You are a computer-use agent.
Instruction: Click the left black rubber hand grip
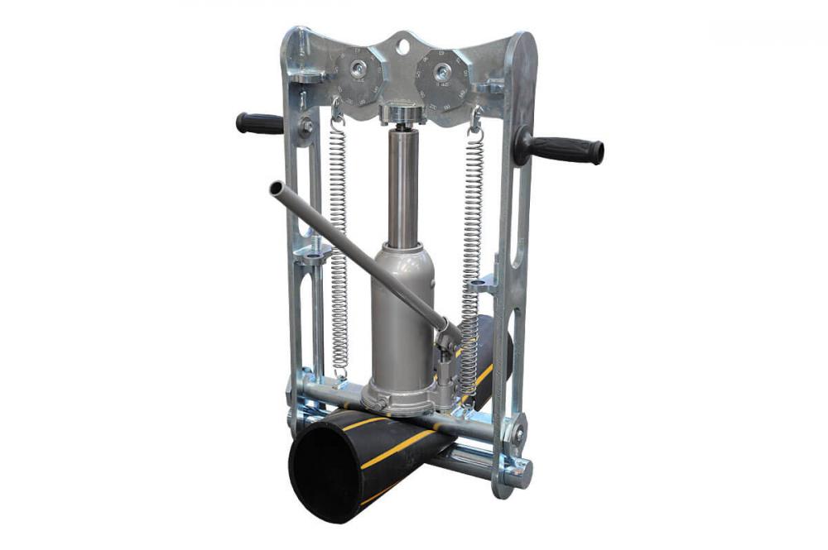click(259, 123)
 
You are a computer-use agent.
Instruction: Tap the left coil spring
click(338, 248)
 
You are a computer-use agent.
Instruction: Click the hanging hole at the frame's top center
click(402, 45)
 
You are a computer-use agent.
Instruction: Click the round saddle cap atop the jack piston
click(402, 113)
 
